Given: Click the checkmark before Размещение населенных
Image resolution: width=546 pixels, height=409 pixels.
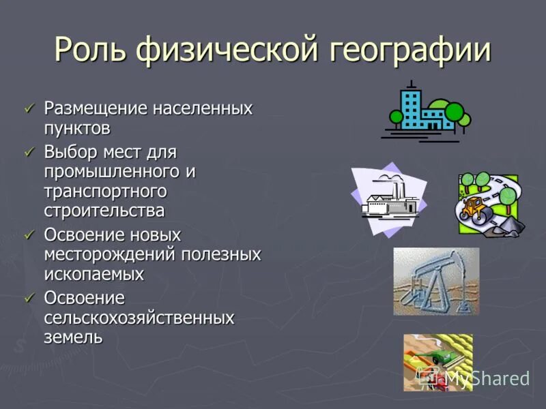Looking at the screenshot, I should pyautogui.click(x=29, y=108).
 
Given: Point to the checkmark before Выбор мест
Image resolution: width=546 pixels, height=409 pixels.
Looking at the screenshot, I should pyautogui.click(x=29, y=151).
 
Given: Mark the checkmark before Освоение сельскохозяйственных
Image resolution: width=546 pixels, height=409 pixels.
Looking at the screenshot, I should pyautogui.click(x=29, y=298).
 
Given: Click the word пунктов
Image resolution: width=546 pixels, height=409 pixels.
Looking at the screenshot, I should pyautogui.click(x=77, y=128).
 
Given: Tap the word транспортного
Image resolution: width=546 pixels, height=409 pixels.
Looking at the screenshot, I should pyautogui.click(x=105, y=191).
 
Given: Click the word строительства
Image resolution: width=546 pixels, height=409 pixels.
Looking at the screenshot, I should pyautogui.click(x=104, y=211).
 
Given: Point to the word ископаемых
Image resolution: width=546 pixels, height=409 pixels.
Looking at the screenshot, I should pyautogui.click(x=94, y=274).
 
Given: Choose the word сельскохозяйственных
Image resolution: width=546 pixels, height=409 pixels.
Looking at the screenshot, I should pyautogui.click(x=139, y=318).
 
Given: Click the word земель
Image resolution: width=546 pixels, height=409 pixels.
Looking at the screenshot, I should pyautogui.click(x=73, y=337).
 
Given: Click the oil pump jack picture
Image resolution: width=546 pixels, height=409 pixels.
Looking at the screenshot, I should pyautogui.click(x=436, y=281).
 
